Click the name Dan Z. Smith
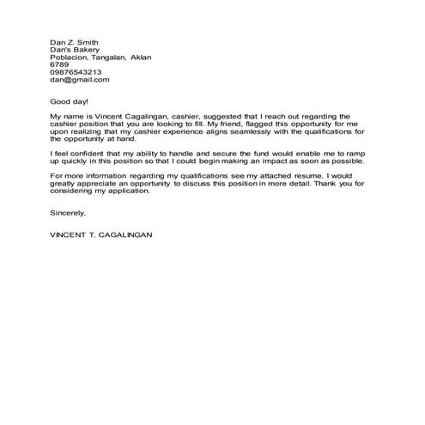74,41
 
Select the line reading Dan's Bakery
73,50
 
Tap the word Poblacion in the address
69,58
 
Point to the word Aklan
139,58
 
